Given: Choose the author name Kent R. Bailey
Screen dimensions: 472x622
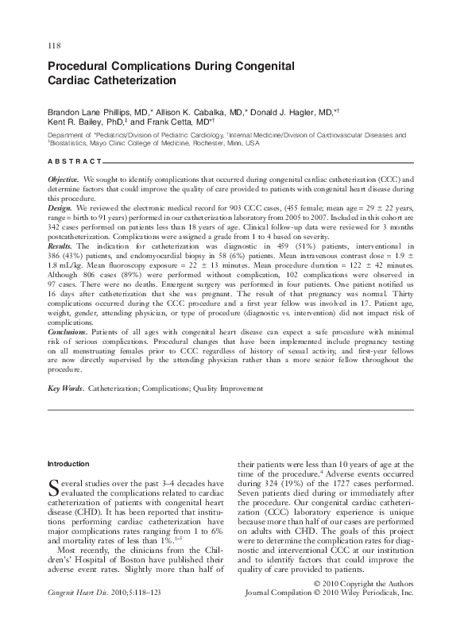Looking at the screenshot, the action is [75, 124].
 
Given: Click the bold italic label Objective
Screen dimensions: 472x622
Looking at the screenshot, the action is [64, 180].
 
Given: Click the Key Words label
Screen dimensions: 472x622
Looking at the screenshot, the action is [66, 388].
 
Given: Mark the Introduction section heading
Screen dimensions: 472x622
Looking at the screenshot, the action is [68, 463].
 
